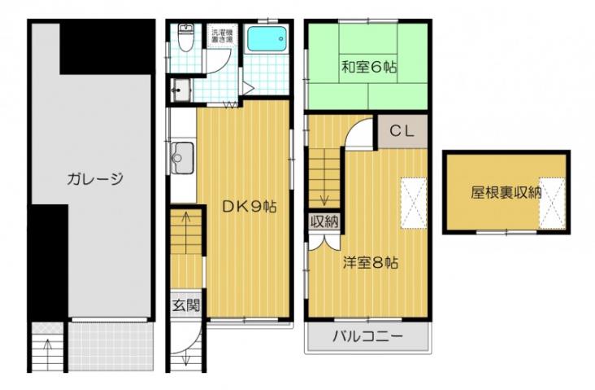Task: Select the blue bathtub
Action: tap(266, 40)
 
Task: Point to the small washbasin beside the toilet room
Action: tap(180, 89)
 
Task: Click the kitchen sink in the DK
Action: tap(183, 153)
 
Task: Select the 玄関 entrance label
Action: tap(185, 306)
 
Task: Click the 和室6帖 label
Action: tap(368, 68)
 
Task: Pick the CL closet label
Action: tap(402, 130)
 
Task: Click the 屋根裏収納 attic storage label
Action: tap(506, 193)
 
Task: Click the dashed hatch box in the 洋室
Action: tap(414, 200)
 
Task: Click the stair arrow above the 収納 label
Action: tap(324, 195)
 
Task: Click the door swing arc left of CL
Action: tap(359, 134)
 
